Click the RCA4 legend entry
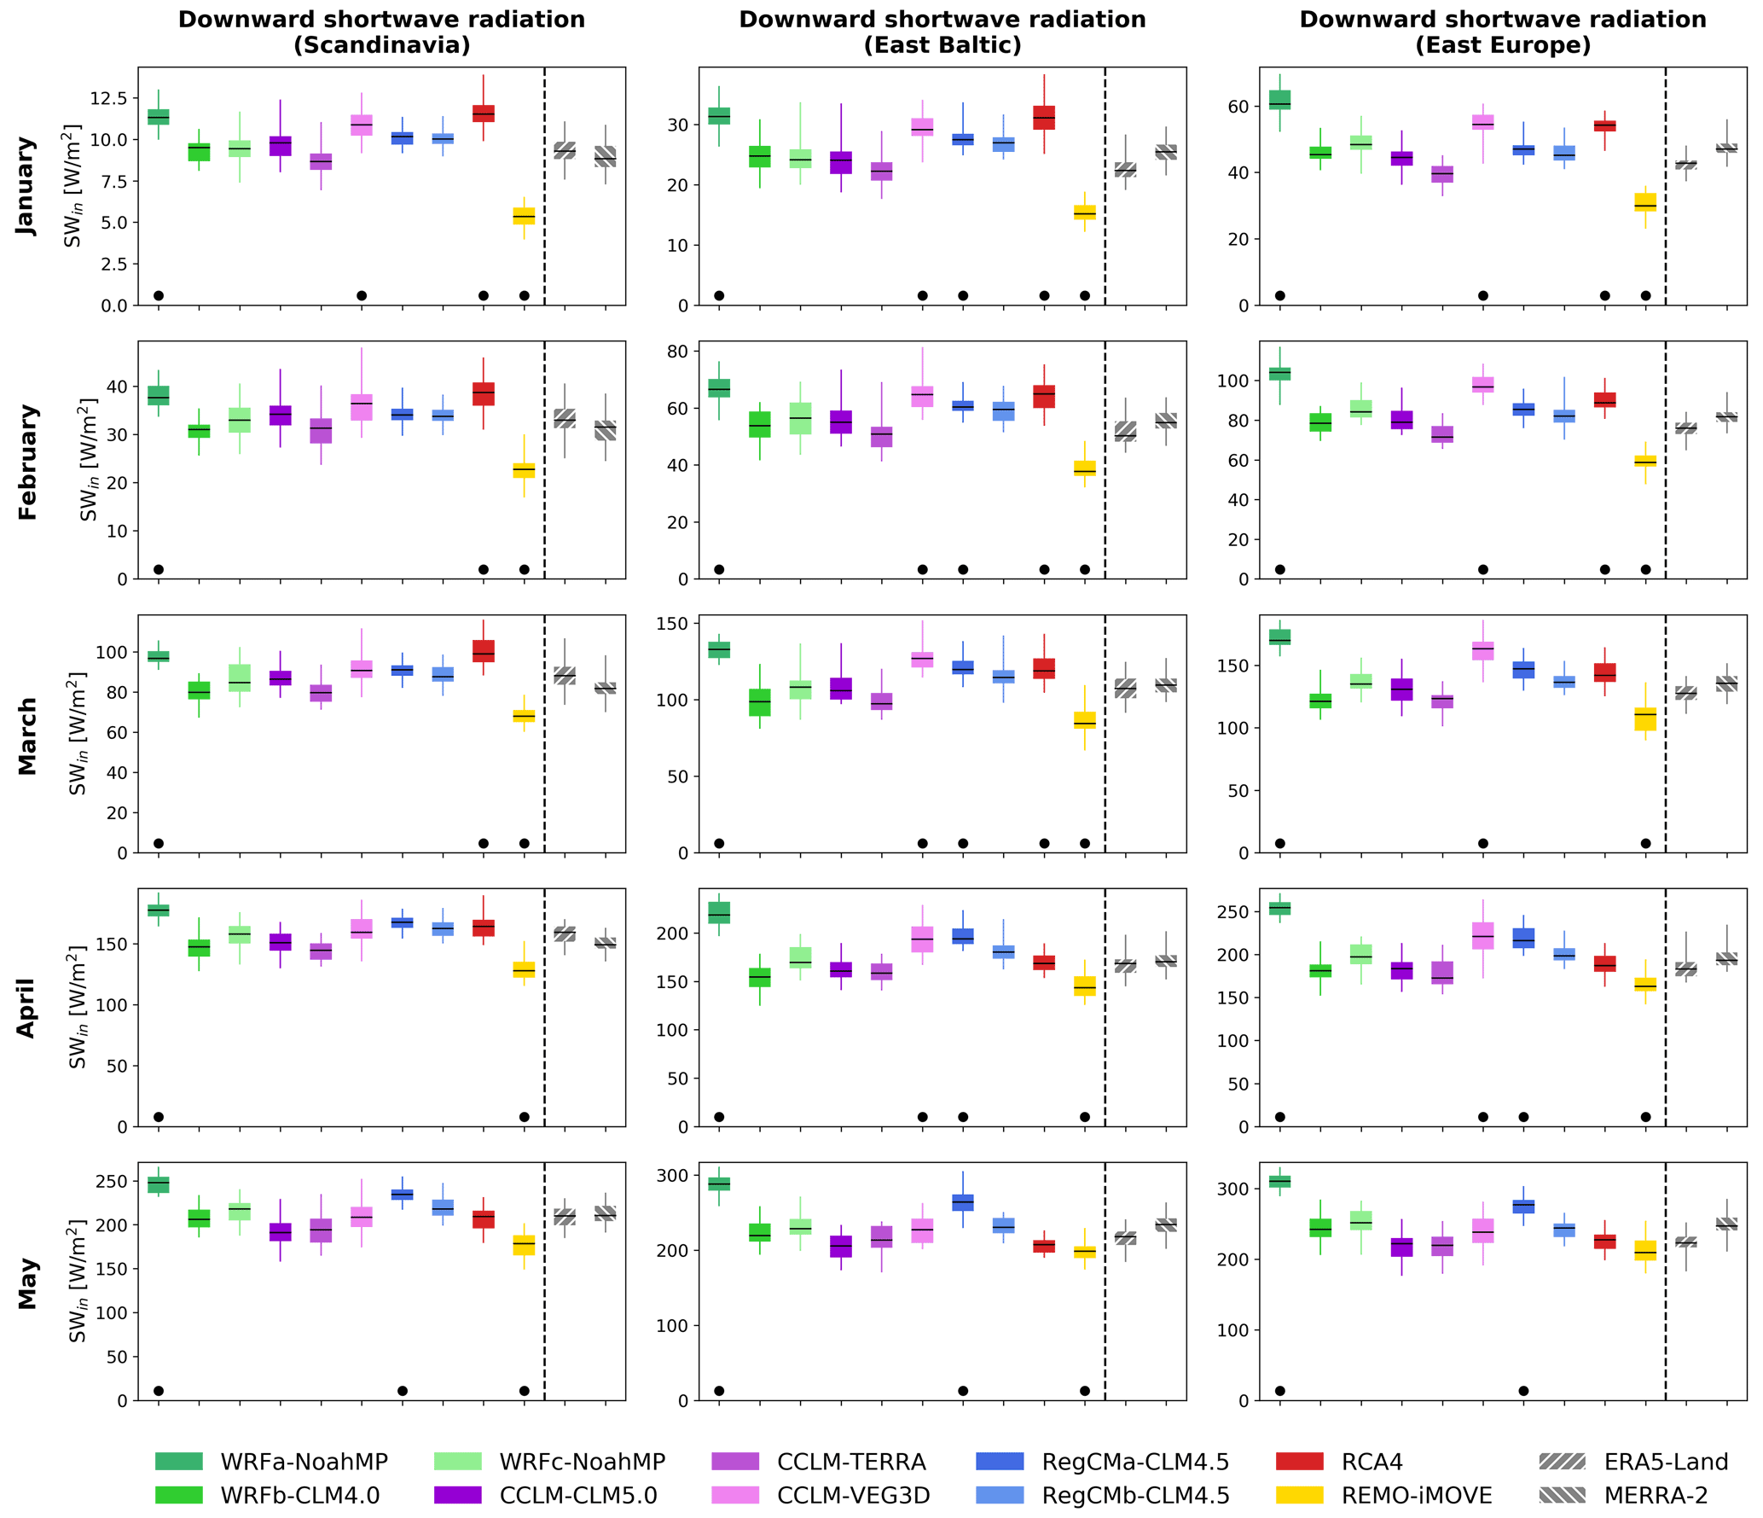[1371, 1462]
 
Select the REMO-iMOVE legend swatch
[1299, 1495]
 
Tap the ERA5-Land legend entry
[1665, 1462]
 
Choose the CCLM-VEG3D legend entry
[853, 1495]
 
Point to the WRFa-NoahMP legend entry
[304, 1462]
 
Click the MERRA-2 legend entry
[1655, 1495]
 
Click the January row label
[26, 186]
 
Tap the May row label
[26, 1282]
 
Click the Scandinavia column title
[381, 32]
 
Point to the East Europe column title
[1502, 32]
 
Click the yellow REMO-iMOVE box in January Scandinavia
[524, 216]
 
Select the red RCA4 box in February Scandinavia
[484, 393]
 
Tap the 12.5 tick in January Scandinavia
[108, 99]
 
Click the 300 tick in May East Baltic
[673, 1176]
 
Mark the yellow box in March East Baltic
[1085, 719]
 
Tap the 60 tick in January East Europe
[1238, 107]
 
